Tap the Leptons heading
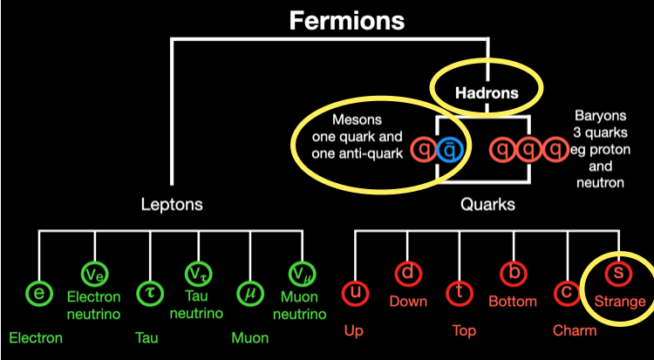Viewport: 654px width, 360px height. [173, 205]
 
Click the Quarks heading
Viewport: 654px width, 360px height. [487, 205]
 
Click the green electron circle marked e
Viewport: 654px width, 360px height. [38, 293]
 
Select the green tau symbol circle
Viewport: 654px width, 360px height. [149, 293]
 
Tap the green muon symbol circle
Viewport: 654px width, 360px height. [250, 293]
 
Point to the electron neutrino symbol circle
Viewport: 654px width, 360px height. [94, 273]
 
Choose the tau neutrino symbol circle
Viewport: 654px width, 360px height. [198, 273]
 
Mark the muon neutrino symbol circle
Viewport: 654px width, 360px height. [302, 273]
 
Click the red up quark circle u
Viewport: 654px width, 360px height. [355, 293]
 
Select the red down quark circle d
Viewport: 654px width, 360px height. [407, 273]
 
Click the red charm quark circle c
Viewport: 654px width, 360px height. [568, 293]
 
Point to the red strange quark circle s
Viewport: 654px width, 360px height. [619, 273]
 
